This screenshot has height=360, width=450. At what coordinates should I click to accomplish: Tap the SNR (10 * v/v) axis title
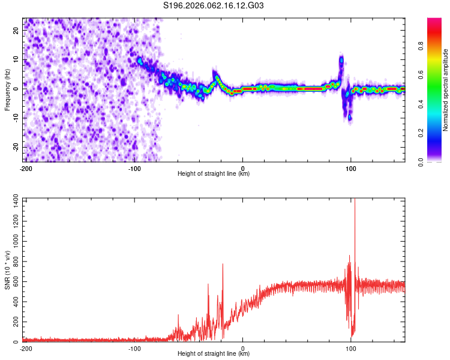[x=8, y=270]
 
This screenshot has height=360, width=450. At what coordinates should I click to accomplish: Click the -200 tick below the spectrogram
[x=25, y=167]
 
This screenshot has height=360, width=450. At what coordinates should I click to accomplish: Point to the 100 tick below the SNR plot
[x=351, y=348]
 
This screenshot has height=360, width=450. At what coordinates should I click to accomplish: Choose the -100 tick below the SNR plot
[x=134, y=348]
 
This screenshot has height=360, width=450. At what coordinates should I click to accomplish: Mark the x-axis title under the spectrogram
[x=214, y=174]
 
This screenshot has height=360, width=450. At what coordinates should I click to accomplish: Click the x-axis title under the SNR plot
[x=214, y=354]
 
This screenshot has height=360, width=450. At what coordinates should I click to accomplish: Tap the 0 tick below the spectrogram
[x=242, y=167]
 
